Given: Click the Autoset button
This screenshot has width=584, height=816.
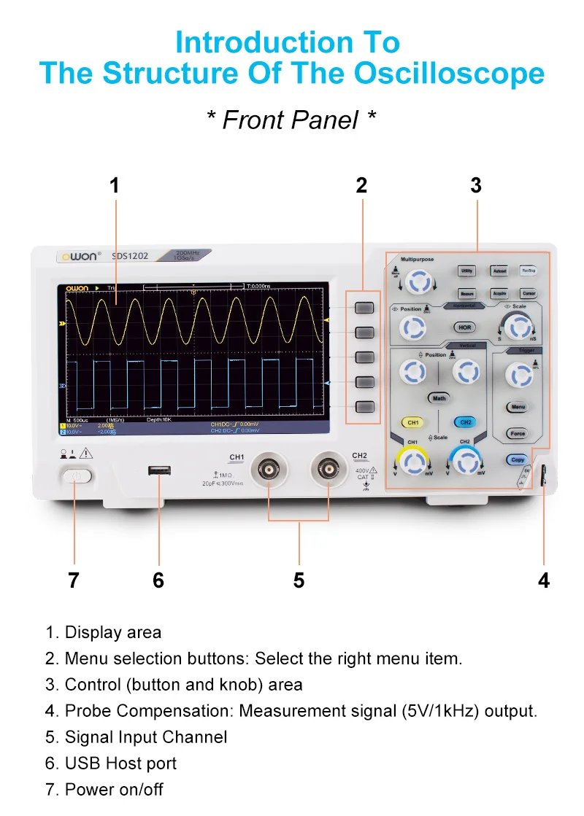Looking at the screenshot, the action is click(499, 271).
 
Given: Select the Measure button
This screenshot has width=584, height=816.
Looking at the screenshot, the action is click(467, 293).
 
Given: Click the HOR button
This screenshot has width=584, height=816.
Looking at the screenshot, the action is click(465, 327).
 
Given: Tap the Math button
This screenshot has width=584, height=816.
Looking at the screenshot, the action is click(439, 398).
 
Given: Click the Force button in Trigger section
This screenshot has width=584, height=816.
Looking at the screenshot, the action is click(518, 433).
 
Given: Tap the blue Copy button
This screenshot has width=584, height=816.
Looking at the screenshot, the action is click(518, 459).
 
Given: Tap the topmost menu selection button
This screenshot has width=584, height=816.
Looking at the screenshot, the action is click(364, 306).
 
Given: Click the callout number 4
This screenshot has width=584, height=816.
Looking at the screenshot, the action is click(543, 580).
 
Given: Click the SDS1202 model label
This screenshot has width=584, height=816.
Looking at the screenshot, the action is click(130, 256).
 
